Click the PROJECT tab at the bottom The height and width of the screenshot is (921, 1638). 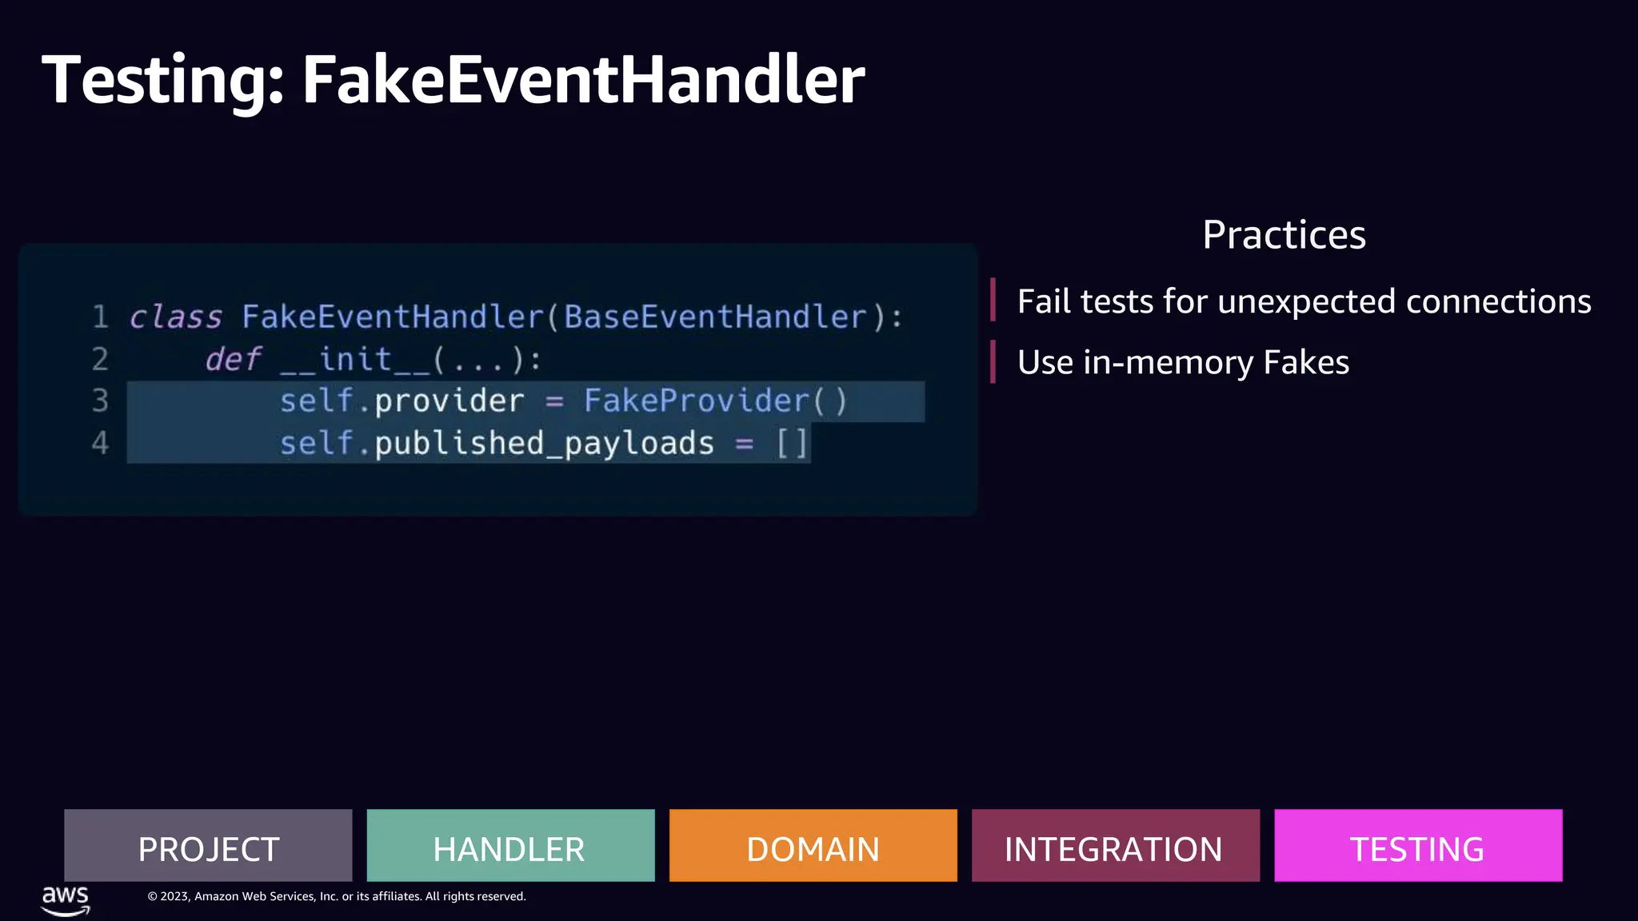(208, 846)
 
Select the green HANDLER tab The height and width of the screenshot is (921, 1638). (510, 846)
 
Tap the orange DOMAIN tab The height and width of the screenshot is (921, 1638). (813, 846)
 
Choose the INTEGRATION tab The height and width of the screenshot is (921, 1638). (1115, 846)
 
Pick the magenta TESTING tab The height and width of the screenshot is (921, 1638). (1417, 846)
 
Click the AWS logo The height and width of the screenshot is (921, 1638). (66, 899)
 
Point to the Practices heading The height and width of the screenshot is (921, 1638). (1284, 235)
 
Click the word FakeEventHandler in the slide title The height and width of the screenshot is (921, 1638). (583, 80)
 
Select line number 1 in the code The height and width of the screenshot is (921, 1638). (100, 317)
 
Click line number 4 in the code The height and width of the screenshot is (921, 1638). (100, 443)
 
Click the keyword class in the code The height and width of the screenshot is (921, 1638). (176, 317)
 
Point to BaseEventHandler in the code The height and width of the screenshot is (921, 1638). (715, 317)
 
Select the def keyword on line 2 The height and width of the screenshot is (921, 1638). (234, 359)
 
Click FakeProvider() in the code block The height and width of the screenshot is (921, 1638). (715, 401)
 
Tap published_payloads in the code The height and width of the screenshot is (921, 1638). (544, 443)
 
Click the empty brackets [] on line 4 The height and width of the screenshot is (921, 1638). (792, 443)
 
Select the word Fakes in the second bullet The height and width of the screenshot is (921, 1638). (1306, 363)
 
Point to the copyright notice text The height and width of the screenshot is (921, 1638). (337, 896)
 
